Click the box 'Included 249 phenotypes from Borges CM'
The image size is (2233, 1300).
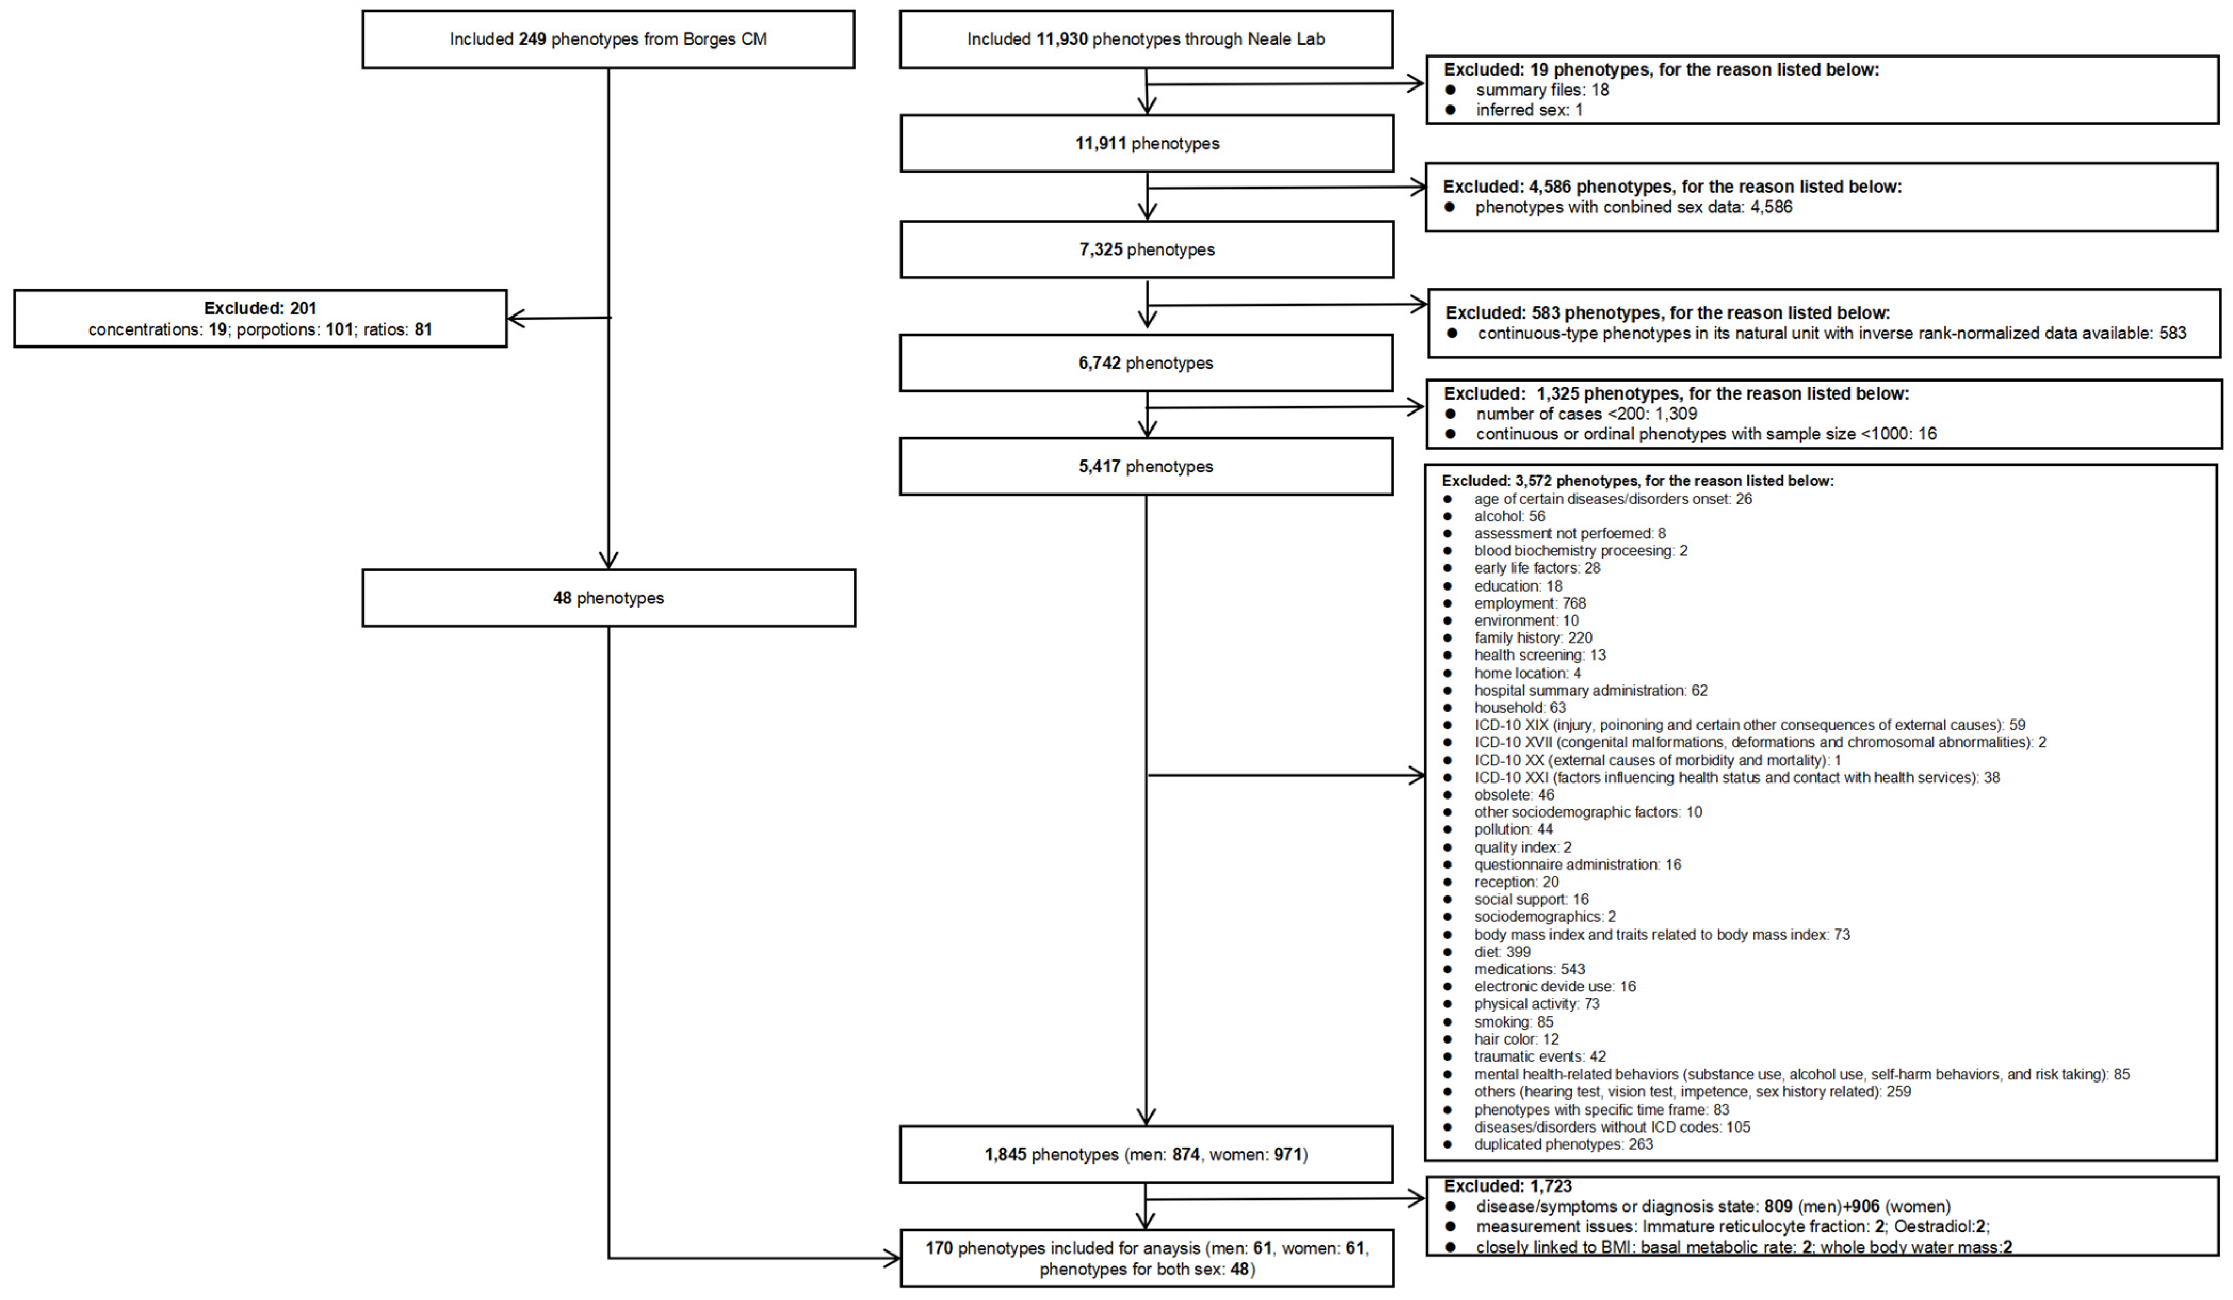[608, 39]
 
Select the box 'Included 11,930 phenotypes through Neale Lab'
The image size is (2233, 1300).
[1145, 39]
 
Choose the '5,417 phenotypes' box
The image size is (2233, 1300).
[1145, 467]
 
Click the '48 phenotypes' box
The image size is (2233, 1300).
[608, 598]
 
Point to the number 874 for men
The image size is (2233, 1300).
[1185, 1154]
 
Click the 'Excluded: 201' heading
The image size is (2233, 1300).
[259, 309]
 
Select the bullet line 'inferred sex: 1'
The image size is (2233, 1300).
[1528, 110]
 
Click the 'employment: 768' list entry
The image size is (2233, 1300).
[1530, 603]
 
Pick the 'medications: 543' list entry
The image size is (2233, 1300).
[1529, 970]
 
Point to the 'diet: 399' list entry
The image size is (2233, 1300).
[1502, 952]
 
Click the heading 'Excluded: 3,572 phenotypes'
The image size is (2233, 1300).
[1637, 481]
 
